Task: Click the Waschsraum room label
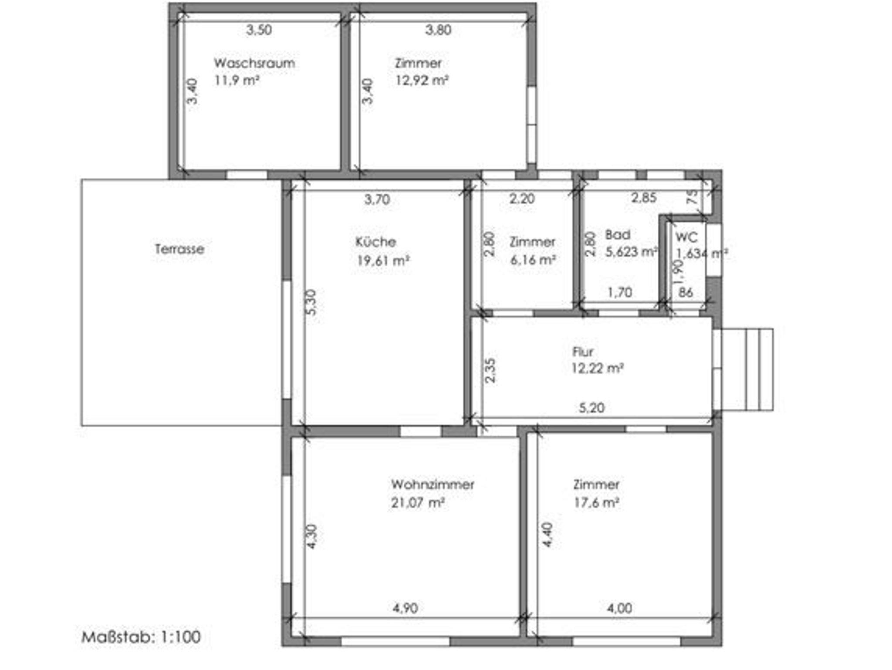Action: pos(254,63)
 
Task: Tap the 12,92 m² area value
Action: pos(422,81)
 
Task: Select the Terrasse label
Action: pos(179,249)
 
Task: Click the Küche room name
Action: pos(375,242)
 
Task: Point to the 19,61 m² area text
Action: pos(383,261)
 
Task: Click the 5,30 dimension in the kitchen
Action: pos(311,302)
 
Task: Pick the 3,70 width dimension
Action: pos(377,200)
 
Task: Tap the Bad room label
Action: pos(618,235)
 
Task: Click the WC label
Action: pos(686,237)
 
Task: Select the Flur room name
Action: pos(583,352)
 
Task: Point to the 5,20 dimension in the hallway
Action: pos(591,408)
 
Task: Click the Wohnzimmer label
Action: pos(432,484)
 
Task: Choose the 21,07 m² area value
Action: pos(417,503)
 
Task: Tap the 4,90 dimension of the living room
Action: pos(405,608)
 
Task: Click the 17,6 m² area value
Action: pos(596,503)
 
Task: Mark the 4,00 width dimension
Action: pos(619,608)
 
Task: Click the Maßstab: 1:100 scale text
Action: pos(141,637)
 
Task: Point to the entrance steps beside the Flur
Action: pos(747,369)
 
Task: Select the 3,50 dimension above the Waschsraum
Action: pos(259,30)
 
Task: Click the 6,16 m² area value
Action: pos(533,260)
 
